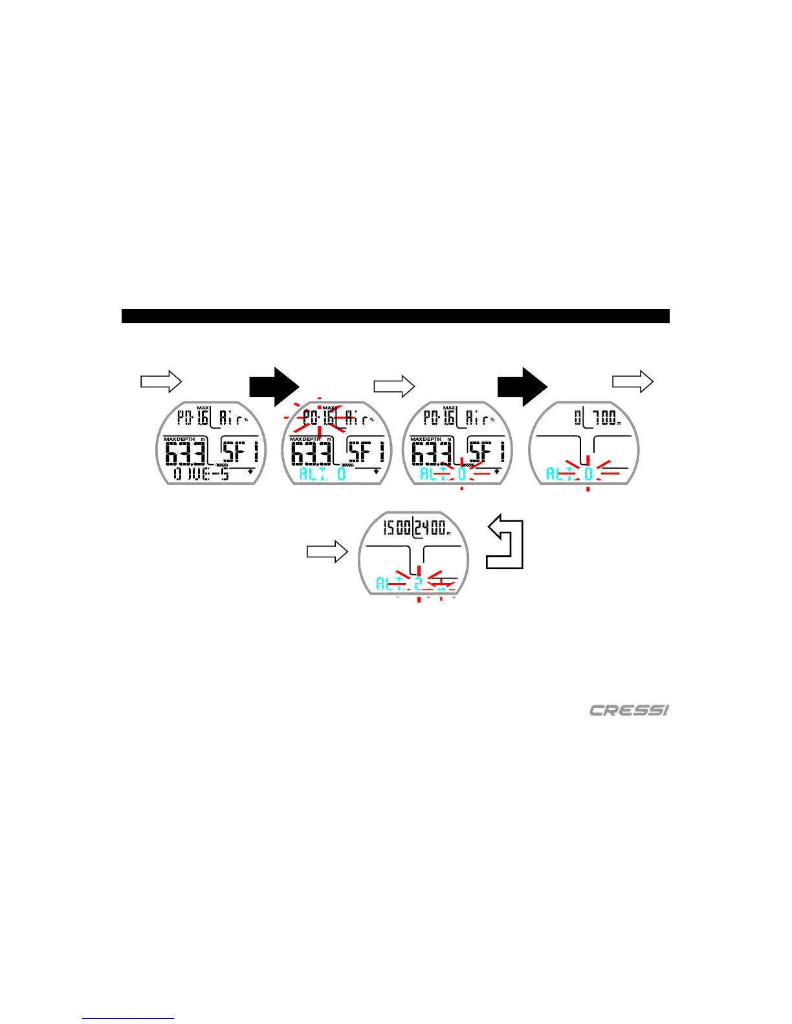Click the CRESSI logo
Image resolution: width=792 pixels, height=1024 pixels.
[x=629, y=710]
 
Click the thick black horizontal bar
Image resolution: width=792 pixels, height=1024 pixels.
[x=395, y=316]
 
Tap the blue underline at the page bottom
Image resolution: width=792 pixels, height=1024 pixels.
[x=128, y=1019]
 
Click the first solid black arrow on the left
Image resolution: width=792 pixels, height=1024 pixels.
[x=274, y=387]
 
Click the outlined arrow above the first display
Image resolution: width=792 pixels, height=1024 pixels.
[x=161, y=381]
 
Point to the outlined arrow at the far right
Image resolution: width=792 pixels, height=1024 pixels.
[x=633, y=381]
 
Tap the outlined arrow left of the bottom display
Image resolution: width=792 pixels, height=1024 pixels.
[x=327, y=552]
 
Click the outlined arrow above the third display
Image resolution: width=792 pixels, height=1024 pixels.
[x=394, y=387]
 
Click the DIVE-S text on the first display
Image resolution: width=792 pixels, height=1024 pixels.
[x=201, y=474]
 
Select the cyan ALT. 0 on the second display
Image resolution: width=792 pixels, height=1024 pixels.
[x=322, y=474]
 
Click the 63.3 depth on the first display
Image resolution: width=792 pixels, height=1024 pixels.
[x=186, y=453]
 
